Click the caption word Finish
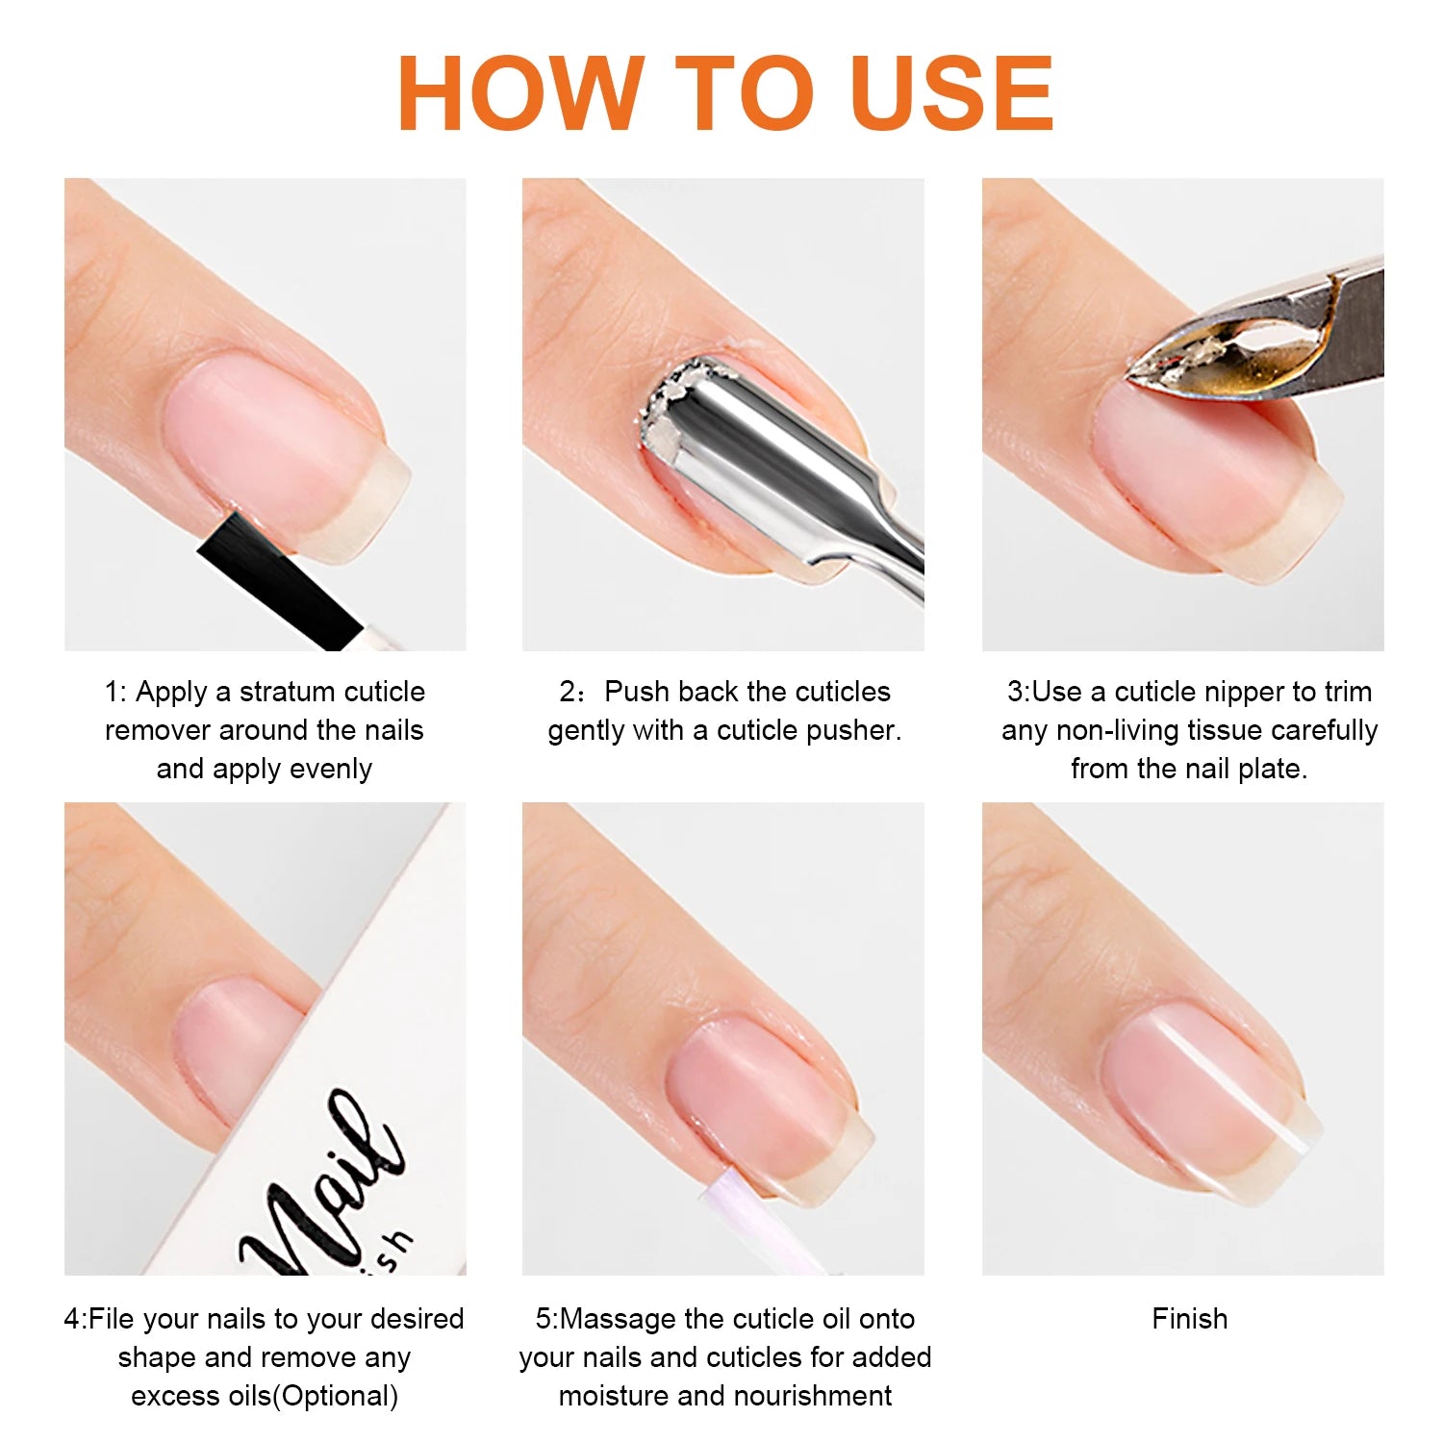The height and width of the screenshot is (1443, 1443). tap(1190, 1319)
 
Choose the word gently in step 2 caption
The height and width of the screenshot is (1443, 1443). tap(586, 730)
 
